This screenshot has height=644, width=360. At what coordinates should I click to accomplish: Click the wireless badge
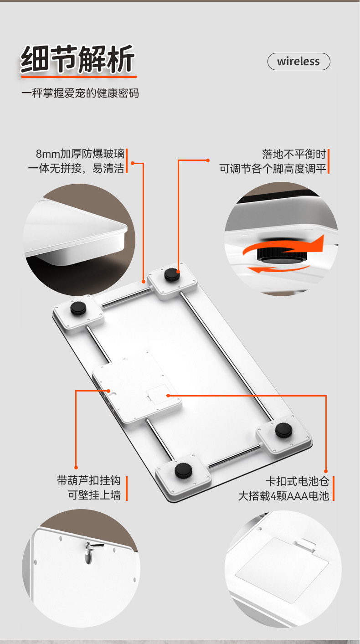[x=298, y=62]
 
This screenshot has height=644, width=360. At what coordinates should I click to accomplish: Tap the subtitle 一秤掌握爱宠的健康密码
[x=80, y=94]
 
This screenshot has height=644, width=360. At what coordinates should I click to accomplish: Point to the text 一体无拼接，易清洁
[x=76, y=168]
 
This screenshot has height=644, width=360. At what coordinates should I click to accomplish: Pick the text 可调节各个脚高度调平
[x=273, y=168]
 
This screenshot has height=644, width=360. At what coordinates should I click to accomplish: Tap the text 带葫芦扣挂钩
[x=89, y=480]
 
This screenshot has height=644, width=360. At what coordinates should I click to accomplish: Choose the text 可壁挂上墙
[x=94, y=495]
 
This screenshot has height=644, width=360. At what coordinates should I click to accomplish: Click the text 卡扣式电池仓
[x=297, y=481]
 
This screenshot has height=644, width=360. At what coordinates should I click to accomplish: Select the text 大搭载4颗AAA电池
[x=283, y=496]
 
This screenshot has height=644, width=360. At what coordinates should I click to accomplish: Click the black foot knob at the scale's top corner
[x=171, y=275]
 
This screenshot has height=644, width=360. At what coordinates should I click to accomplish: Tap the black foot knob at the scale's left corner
[x=78, y=309]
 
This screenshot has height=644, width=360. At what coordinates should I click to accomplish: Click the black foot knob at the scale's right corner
[x=283, y=430]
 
